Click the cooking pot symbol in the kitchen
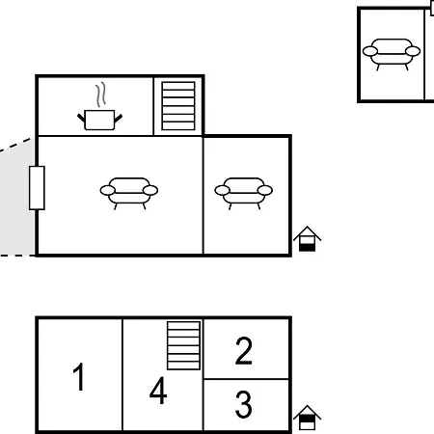click(x=99, y=120)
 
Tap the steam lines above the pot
click(x=100, y=95)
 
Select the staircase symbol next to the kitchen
click(x=178, y=106)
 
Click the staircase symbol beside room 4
click(x=183, y=345)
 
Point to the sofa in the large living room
click(x=129, y=194)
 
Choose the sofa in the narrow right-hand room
click(x=243, y=194)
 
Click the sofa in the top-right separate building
click(x=392, y=54)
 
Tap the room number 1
click(x=79, y=376)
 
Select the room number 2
click(x=244, y=350)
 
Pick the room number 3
click(x=244, y=404)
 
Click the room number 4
click(x=158, y=391)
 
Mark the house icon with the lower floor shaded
click(x=307, y=239)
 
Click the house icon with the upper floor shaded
click(x=307, y=418)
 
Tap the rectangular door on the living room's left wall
click(x=37, y=188)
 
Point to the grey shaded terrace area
click(x=16, y=201)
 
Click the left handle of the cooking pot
click(x=81, y=118)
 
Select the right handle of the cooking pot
click(x=119, y=118)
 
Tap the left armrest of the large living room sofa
click(x=108, y=190)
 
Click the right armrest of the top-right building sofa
click(x=413, y=51)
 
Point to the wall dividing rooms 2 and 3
click(x=246, y=379)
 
